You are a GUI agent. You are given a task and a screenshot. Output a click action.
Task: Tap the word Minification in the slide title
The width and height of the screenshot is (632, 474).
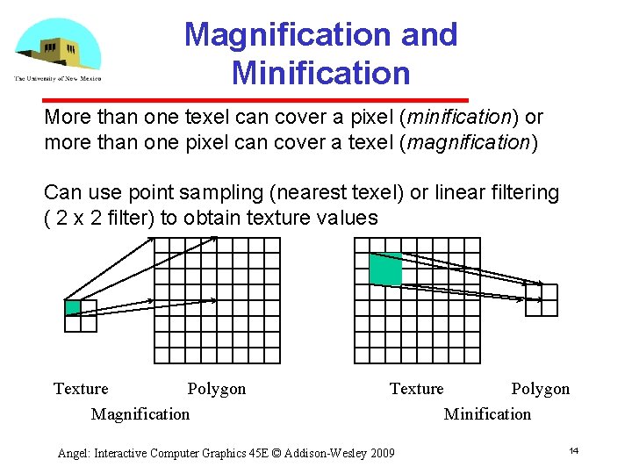pyautogui.click(x=320, y=72)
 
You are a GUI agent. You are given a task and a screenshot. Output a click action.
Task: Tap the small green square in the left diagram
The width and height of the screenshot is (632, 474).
pyautogui.click(x=73, y=307)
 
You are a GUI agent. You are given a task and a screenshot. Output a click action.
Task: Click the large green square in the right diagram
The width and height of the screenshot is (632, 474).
pyautogui.click(x=386, y=269)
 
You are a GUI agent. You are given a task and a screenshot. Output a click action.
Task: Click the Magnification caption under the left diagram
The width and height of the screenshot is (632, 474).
pyautogui.click(x=140, y=413)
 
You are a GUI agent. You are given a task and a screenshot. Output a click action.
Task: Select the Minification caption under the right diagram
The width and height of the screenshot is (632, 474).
pyautogui.click(x=487, y=413)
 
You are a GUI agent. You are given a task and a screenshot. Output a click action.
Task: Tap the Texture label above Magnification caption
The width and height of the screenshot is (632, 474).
pyautogui.click(x=81, y=389)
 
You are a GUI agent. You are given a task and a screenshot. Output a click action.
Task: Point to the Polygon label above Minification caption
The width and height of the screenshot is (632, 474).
pyautogui.click(x=541, y=389)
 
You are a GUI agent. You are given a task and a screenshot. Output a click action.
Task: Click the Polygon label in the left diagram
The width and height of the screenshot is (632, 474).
pyautogui.click(x=217, y=389)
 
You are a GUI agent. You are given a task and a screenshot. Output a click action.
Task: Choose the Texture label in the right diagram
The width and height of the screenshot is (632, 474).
pyautogui.click(x=417, y=389)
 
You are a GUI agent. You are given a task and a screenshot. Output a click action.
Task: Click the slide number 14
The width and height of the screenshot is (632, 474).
pyautogui.click(x=573, y=450)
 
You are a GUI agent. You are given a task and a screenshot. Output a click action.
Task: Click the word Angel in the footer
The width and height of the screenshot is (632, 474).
pyautogui.click(x=73, y=453)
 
